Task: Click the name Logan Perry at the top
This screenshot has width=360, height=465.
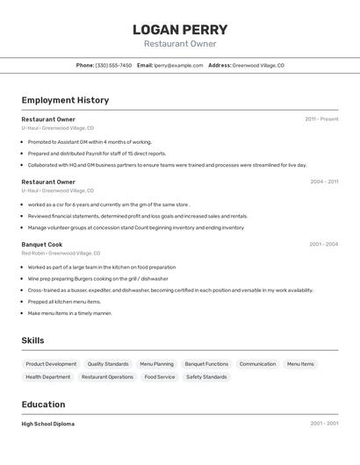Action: (x=180, y=29)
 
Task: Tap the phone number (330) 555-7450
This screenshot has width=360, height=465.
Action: (x=113, y=65)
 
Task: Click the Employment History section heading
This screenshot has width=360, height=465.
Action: (x=65, y=100)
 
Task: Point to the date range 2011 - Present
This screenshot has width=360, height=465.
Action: (x=321, y=118)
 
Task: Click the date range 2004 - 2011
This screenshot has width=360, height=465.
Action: (x=324, y=182)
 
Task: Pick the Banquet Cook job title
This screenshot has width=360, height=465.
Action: (x=42, y=244)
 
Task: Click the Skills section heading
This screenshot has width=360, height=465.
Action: (x=32, y=340)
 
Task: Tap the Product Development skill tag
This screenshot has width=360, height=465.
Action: (x=51, y=363)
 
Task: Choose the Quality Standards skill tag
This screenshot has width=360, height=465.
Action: (x=108, y=363)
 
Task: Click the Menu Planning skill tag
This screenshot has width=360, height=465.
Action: (x=156, y=363)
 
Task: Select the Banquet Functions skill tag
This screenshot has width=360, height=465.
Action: (x=206, y=363)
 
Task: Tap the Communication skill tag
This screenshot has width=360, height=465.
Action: (x=257, y=363)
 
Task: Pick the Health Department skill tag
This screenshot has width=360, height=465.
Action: (x=48, y=376)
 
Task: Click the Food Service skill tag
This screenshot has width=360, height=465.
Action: (x=160, y=376)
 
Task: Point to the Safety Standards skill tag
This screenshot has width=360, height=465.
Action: (x=206, y=376)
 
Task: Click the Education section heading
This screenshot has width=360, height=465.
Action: (x=43, y=404)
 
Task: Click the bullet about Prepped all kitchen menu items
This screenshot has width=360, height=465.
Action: (x=64, y=301)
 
